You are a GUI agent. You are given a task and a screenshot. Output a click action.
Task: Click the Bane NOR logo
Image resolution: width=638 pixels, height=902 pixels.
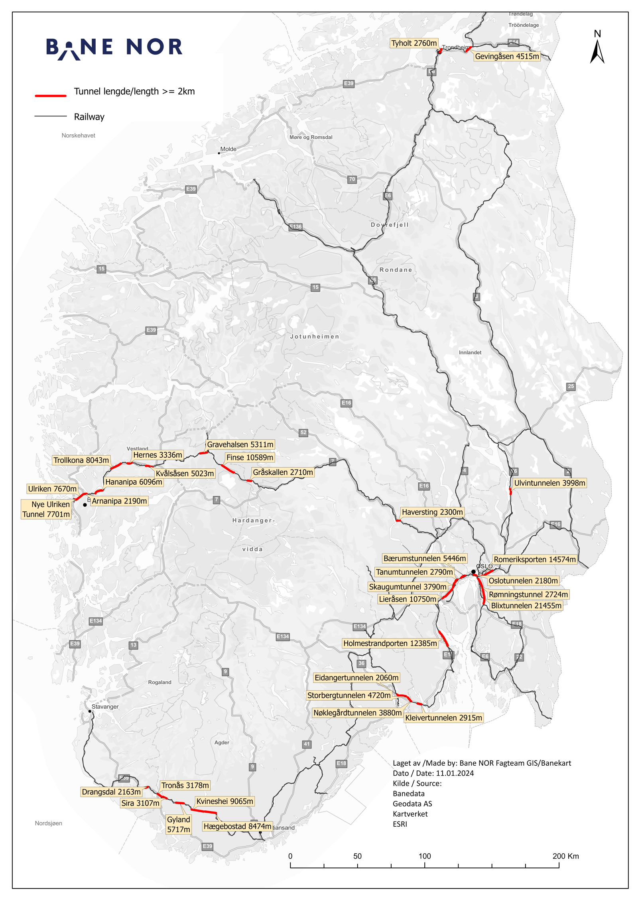coord(114,48)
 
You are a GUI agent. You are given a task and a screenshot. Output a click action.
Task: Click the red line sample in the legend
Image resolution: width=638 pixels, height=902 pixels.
coord(51,96)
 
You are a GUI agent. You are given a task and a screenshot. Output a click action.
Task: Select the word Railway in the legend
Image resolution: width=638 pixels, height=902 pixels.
coord(89,117)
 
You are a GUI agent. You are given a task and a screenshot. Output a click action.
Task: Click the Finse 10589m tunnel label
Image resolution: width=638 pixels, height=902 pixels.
coord(250,457)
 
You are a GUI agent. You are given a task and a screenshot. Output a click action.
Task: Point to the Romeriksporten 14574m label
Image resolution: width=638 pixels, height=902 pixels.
coord(535,559)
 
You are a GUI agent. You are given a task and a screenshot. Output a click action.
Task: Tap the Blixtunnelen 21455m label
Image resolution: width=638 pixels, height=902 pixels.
coord(526,605)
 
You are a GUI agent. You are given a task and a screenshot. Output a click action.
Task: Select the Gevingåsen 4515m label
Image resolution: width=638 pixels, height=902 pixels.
coord(507,56)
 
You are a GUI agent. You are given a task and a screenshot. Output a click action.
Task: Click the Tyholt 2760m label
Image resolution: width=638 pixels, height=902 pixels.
coord(414,43)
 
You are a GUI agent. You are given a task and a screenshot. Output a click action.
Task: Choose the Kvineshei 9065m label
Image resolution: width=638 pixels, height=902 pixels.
coord(224,801)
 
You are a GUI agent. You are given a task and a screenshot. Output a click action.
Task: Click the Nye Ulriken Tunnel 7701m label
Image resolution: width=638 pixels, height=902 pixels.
coord(46,509)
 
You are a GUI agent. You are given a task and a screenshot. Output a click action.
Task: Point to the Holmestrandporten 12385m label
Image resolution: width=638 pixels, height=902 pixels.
coord(390,643)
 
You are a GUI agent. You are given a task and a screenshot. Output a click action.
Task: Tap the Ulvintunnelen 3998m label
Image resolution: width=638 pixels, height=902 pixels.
coord(549,483)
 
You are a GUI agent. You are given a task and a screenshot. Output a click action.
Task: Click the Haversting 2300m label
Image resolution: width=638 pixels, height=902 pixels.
coord(432,512)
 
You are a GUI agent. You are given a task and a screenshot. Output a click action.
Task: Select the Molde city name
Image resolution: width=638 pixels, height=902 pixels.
coord(228,149)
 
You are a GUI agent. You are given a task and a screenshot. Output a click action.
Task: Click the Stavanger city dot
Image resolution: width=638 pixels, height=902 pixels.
coord(90,711)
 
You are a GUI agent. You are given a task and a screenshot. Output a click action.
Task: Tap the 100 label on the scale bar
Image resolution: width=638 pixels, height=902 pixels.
coord(425,856)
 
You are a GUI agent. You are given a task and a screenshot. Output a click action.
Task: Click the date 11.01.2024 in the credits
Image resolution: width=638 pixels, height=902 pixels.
coord(455,773)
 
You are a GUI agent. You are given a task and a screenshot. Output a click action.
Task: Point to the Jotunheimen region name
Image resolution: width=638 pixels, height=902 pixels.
coord(315,336)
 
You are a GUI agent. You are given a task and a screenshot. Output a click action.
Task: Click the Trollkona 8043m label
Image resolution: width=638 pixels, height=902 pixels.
coord(81,460)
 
